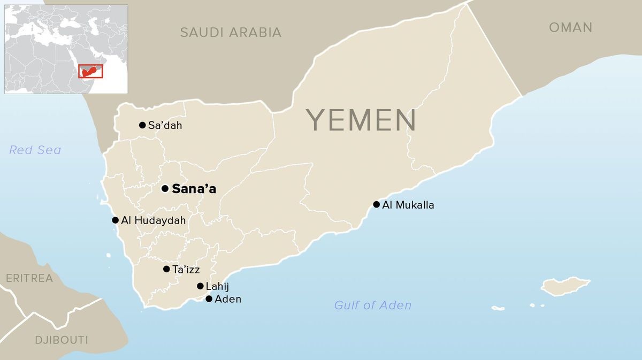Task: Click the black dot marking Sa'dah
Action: [142, 125]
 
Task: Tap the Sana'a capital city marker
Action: [165, 188]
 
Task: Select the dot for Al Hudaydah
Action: [115, 220]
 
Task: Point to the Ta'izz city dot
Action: [166, 269]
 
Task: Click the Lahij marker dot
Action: [200, 286]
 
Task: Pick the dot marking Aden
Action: [209, 299]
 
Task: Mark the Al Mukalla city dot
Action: [377, 204]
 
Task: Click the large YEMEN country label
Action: [361, 120]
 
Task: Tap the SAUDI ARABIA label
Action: [231, 32]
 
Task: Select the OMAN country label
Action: [570, 27]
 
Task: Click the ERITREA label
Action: [29, 278]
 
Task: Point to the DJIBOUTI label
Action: [62, 340]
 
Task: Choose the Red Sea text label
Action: [35, 150]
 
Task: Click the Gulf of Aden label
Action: [373, 305]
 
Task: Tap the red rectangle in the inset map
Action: [90, 71]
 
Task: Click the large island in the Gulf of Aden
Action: [565, 286]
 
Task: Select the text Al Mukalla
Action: [408, 205]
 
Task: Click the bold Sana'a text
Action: [194, 189]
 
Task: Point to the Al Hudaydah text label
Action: [154, 220]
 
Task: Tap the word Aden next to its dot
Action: [228, 299]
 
